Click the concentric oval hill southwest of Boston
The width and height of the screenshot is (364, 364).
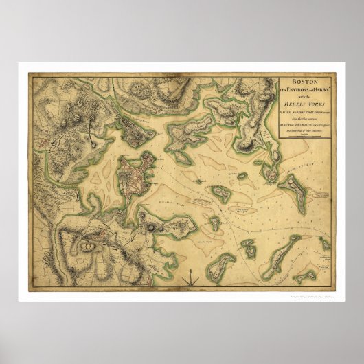pos(88,245)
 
